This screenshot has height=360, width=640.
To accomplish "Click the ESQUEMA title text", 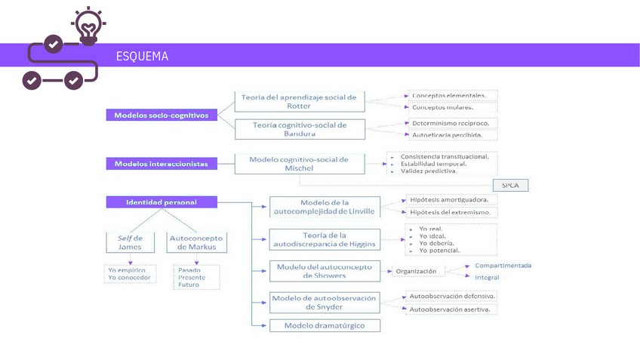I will coord(142,57).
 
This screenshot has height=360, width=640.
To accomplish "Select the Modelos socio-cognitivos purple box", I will coord(162,115).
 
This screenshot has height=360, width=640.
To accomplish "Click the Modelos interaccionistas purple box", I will coord(162,164).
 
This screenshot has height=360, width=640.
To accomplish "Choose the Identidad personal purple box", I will coord(162,202).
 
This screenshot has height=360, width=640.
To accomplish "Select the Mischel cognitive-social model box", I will coord(299,164).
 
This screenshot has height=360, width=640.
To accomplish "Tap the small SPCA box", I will coord(509,185).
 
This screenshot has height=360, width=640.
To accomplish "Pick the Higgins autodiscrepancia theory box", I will coord(325,239).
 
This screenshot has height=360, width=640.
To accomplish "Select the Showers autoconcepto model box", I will coord(325,271).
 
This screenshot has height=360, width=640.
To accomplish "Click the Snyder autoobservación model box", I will coord(325,302).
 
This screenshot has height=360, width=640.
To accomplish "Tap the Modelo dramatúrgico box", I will coord(325,325).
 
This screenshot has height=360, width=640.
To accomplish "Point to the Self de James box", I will coord(130,242).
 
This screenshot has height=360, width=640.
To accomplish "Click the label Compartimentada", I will coord(503,266).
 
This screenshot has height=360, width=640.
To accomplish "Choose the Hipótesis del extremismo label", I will coord(450,212).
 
